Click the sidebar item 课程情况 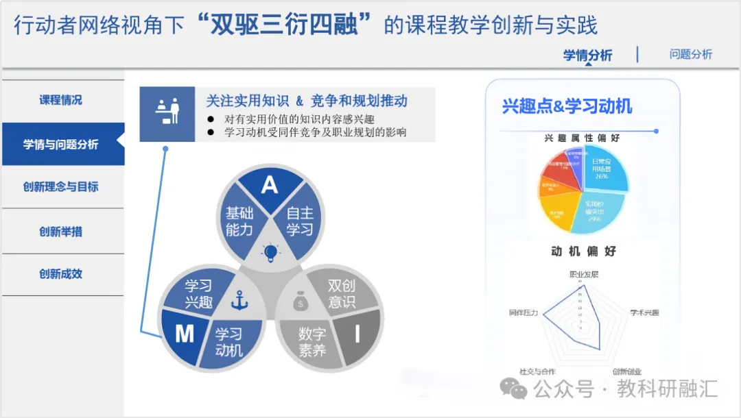coord(60,100)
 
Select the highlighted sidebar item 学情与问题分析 coord(60,145)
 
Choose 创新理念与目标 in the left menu coord(60,187)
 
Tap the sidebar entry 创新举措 coord(60,232)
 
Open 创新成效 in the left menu coord(60,274)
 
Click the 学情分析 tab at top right coord(587,56)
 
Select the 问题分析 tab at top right coord(690,55)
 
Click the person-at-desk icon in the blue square coord(167,114)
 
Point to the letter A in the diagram coord(269,184)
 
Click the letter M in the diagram coord(185,334)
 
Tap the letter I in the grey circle coord(357,334)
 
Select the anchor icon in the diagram coord(239,300)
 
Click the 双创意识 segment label coord(342,293)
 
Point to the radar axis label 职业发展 coord(584,274)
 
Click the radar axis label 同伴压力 coord(524,312)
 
